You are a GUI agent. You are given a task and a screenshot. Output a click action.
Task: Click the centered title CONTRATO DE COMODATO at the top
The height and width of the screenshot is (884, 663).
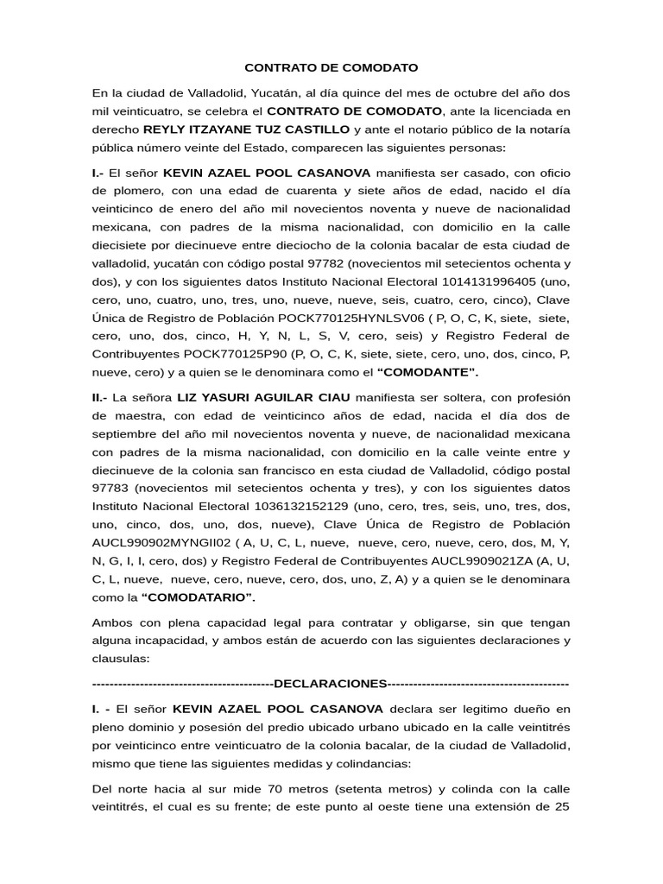click(331, 66)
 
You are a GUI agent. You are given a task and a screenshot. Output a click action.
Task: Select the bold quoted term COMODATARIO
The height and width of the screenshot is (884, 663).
click(200, 597)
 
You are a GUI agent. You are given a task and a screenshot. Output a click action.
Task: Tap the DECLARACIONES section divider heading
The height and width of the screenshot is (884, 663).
click(331, 684)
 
